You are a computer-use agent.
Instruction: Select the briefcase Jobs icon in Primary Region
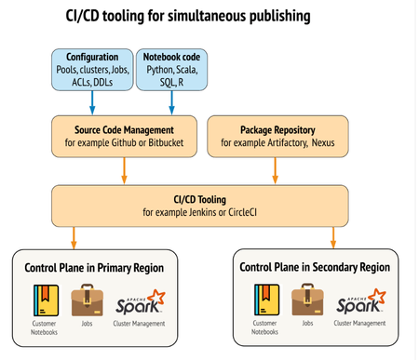pyautogui.click(x=85, y=300)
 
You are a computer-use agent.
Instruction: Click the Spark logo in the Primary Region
pyautogui.click(x=139, y=300)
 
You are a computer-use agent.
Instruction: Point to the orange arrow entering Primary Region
pyautogui.click(x=75, y=237)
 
